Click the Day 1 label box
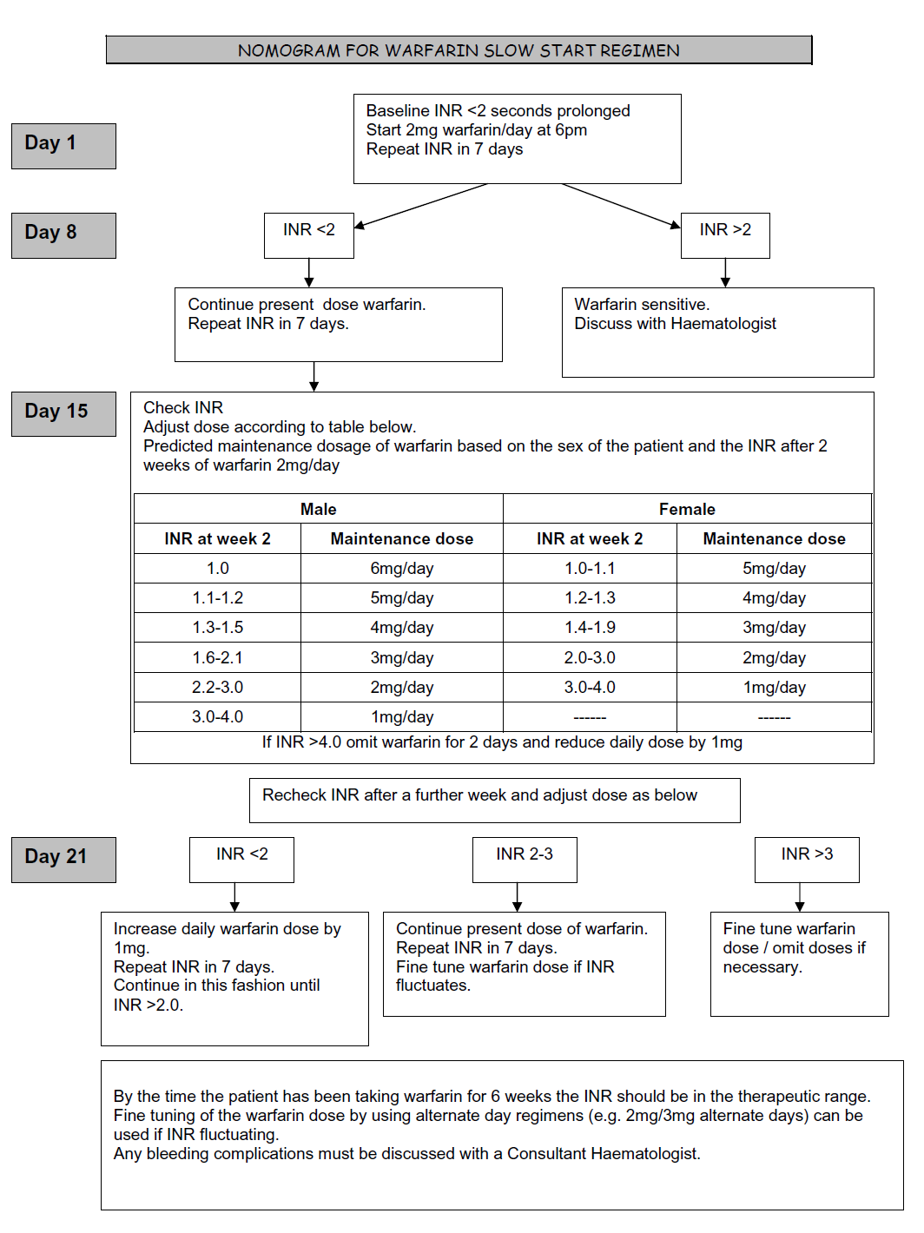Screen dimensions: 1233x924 63,146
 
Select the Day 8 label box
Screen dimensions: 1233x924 63,235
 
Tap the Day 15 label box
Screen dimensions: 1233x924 63,413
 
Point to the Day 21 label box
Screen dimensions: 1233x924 63,860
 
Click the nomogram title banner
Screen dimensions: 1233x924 459,50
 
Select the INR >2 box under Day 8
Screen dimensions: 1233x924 725,234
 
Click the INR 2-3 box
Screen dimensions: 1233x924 525,859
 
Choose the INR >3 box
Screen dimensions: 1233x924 807,859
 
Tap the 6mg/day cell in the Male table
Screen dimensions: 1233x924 401,569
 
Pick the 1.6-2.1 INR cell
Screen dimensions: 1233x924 217,658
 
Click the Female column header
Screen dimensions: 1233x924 687,509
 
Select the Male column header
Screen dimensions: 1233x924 318,509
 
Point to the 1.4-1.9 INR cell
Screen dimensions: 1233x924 590,628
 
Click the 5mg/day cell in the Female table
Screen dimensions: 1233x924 774,569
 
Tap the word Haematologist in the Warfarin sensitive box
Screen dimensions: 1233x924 726,324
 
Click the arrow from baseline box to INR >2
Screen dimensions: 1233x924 621,206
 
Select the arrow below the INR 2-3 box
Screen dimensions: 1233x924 518,897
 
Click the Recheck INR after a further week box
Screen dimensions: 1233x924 494,800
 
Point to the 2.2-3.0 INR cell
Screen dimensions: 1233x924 217,688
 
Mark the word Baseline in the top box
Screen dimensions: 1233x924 397,111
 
